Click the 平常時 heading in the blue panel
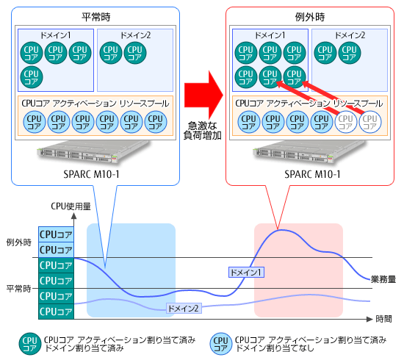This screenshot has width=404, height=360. coord(96,17)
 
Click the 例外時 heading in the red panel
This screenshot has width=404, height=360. coord(310,17)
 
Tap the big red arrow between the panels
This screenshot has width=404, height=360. coord(203,95)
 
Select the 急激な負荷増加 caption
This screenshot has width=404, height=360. coord(202,131)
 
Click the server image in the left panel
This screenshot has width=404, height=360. coord(93,152)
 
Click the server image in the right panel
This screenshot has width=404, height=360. coord(309,152)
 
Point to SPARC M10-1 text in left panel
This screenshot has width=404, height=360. coord(92,174)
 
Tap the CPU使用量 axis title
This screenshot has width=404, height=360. coord(71,206)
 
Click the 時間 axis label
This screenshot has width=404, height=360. coord(383,319)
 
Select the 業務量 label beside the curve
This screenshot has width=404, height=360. coord(383,279)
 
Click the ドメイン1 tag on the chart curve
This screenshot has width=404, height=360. coord(246,273)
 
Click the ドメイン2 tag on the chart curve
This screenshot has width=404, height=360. coord(184,308)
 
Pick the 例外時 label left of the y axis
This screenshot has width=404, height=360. coord(19,242)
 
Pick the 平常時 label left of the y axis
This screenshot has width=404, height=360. coord(19,289)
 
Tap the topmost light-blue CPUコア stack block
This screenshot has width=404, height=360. coord(56,234)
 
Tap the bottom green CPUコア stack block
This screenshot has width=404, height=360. coord(56,312)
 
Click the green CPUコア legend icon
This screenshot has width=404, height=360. coord(30,344)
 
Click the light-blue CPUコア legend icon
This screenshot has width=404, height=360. coord(221,344)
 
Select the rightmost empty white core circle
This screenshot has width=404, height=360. coord(370,122)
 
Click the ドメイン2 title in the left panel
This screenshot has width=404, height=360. coord(136,35)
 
